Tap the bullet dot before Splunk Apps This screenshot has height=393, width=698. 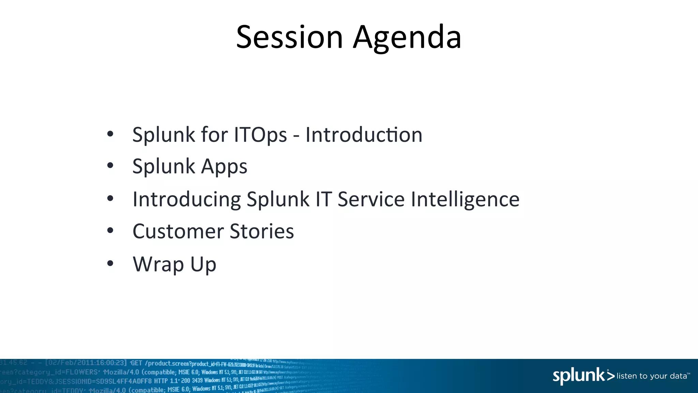[110, 166]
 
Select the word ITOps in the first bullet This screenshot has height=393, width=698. [260, 134]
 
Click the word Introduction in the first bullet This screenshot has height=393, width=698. [364, 134]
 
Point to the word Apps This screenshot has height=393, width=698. [224, 166]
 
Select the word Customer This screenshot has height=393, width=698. [178, 231]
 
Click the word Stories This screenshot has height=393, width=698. [262, 231]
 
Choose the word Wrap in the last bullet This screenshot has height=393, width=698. [158, 264]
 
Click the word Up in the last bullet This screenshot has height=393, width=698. [203, 265]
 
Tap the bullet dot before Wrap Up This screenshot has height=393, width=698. [110, 263]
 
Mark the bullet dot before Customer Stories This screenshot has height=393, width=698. [110, 231]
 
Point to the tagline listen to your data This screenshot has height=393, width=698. [652, 376]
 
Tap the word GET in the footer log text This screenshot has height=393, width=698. [136, 363]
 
